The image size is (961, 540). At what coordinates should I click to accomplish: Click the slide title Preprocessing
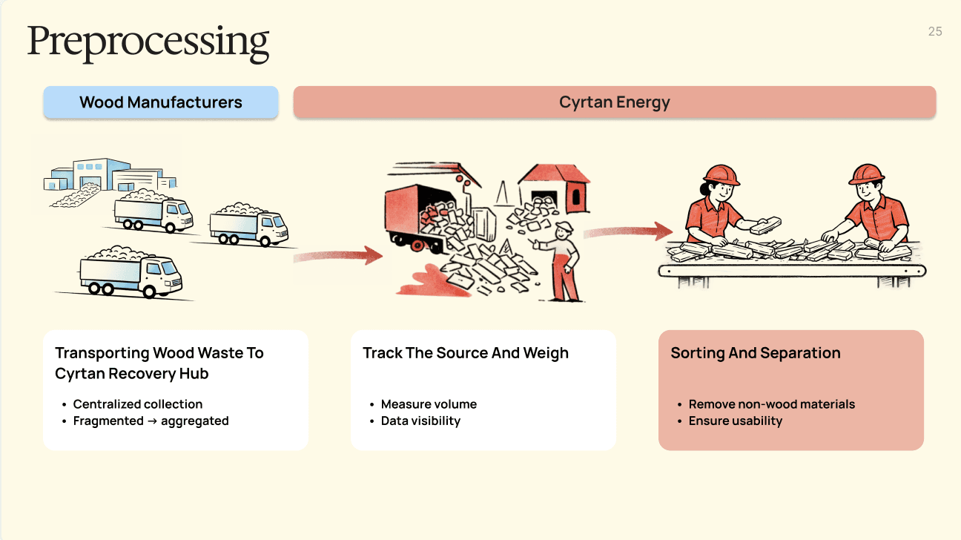click(148, 42)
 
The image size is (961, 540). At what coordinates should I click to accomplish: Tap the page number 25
click(935, 31)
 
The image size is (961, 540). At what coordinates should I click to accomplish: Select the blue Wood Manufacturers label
click(161, 102)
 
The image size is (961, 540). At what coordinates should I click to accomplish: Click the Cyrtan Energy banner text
click(614, 102)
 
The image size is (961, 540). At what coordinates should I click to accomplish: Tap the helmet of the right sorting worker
click(866, 174)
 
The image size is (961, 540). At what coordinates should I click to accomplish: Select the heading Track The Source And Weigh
click(466, 353)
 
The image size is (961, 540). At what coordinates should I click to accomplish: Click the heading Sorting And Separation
click(756, 353)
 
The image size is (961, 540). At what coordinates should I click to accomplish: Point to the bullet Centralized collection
click(137, 404)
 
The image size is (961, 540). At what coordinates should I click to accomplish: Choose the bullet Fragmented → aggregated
click(151, 421)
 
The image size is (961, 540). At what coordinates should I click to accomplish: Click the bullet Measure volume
click(429, 404)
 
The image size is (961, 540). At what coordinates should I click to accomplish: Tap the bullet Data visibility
click(420, 421)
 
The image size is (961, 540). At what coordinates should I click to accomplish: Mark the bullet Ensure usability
click(736, 421)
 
